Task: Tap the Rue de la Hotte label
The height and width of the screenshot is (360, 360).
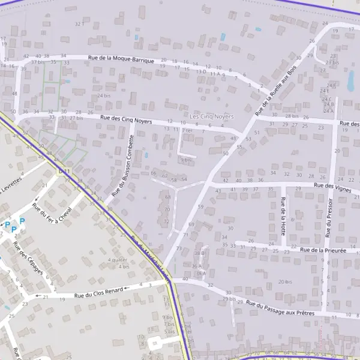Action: pos(283,215)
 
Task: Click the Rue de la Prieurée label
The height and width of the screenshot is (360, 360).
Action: pos(323,250)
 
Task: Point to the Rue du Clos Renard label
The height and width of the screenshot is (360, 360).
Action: pos(99,293)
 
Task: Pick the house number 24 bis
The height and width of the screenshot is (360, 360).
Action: pos(104,96)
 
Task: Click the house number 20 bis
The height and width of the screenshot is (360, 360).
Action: pos(284,281)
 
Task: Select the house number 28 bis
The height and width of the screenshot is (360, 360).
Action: pos(292,116)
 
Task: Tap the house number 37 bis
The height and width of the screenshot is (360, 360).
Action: pos(38,62)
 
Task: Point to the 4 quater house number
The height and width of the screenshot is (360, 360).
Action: pos(117,260)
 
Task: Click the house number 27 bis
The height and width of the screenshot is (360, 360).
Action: pos(76,118)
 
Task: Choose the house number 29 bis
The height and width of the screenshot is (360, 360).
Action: pos(229,299)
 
